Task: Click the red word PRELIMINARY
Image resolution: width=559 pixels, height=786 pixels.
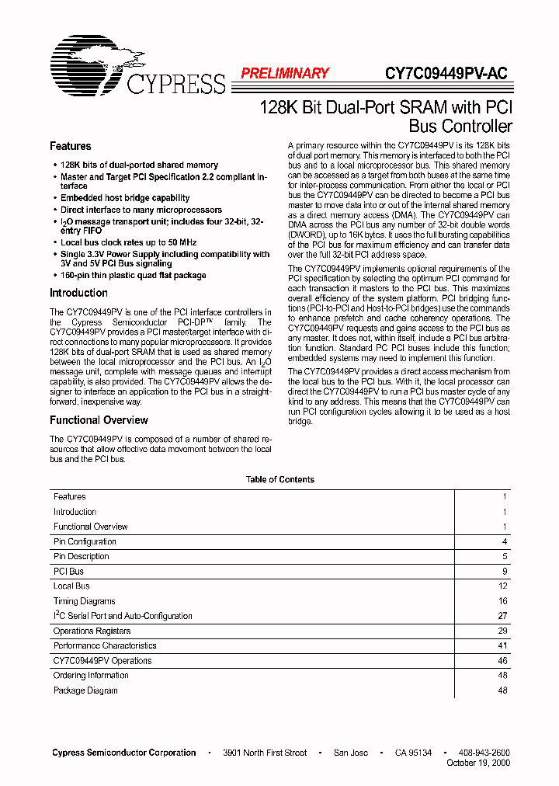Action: click(284, 74)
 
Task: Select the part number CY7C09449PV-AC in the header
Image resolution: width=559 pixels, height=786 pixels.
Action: click(446, 74)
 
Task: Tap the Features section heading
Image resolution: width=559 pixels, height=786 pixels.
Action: click(70, 146)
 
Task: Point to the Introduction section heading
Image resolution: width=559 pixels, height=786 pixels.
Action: click(78, 293)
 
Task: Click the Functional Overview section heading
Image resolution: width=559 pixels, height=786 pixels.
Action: click(99, 420)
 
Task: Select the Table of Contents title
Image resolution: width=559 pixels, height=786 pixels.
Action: click(279, 479)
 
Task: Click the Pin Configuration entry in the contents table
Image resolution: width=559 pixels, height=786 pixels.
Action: click(85, 541)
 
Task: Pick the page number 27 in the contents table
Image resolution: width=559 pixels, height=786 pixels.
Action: click(502, 616)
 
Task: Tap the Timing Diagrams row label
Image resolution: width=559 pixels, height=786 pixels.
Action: click(84, 601)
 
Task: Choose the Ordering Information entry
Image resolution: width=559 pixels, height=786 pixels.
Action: click(91, 676)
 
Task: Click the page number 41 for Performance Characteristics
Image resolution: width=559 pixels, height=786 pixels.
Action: click(502, 645)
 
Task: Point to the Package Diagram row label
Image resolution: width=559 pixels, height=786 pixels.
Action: click(85, 690)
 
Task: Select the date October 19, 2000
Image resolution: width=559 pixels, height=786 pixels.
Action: click(478, 763)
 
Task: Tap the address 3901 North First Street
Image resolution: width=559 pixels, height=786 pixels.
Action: click(264, 753)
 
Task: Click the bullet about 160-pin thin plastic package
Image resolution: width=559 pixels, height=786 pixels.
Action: click(133, 275)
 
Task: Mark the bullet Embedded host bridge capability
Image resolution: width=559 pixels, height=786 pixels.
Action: click(125, 198)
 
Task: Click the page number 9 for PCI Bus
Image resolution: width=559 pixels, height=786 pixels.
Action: click(504, 572)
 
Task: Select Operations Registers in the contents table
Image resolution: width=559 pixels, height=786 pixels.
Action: click(92, 631)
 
